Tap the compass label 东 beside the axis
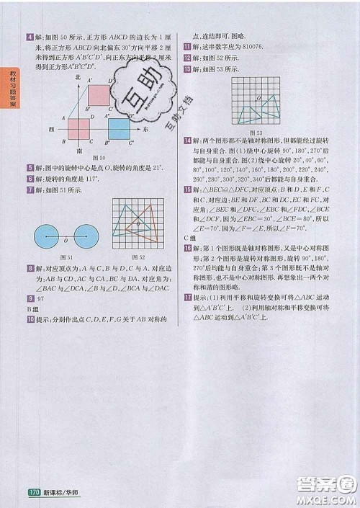click(145, 129)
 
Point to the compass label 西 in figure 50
click(52, 129)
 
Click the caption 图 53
click(255, 133)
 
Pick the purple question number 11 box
click(187, 45)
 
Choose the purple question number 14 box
click(187, 140)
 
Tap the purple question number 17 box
click(187, 297)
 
